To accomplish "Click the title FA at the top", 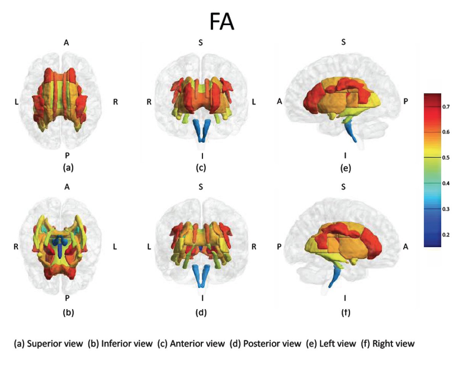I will point(222,22).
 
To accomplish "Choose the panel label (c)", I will point(201,167).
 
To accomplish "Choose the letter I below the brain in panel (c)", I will point(201,156).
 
